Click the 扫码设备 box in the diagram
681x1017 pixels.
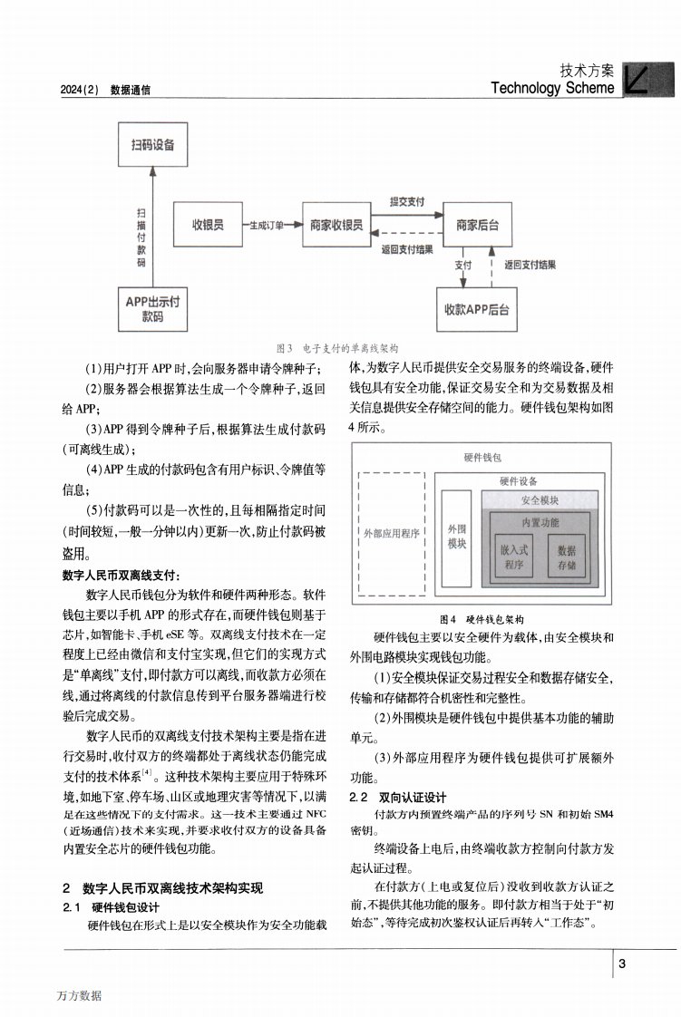pyautogui.click(x=152, y=145)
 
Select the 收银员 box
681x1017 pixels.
pyautogui.click(x=208, y=225)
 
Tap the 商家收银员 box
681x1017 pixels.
pyautogui.click(x=336, y=225)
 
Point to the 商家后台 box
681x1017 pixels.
pyautogui.click(x=477, y=225)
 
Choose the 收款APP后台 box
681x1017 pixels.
pyautogui.click(x=477, y=310)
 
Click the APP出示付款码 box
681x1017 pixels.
pyautogui.click(x=152, y=310)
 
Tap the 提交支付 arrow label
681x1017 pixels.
pyautogui.click(x=407, y=202)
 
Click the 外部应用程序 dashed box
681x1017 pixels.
pyautogui.click(x=391, y=534)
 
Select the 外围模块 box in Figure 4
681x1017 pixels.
pyautogui.click(x=457, y=536)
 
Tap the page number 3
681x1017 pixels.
pyautogui.click(x=622, y=964)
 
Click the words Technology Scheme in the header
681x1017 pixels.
pyautogui.click(x=552, y=88)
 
